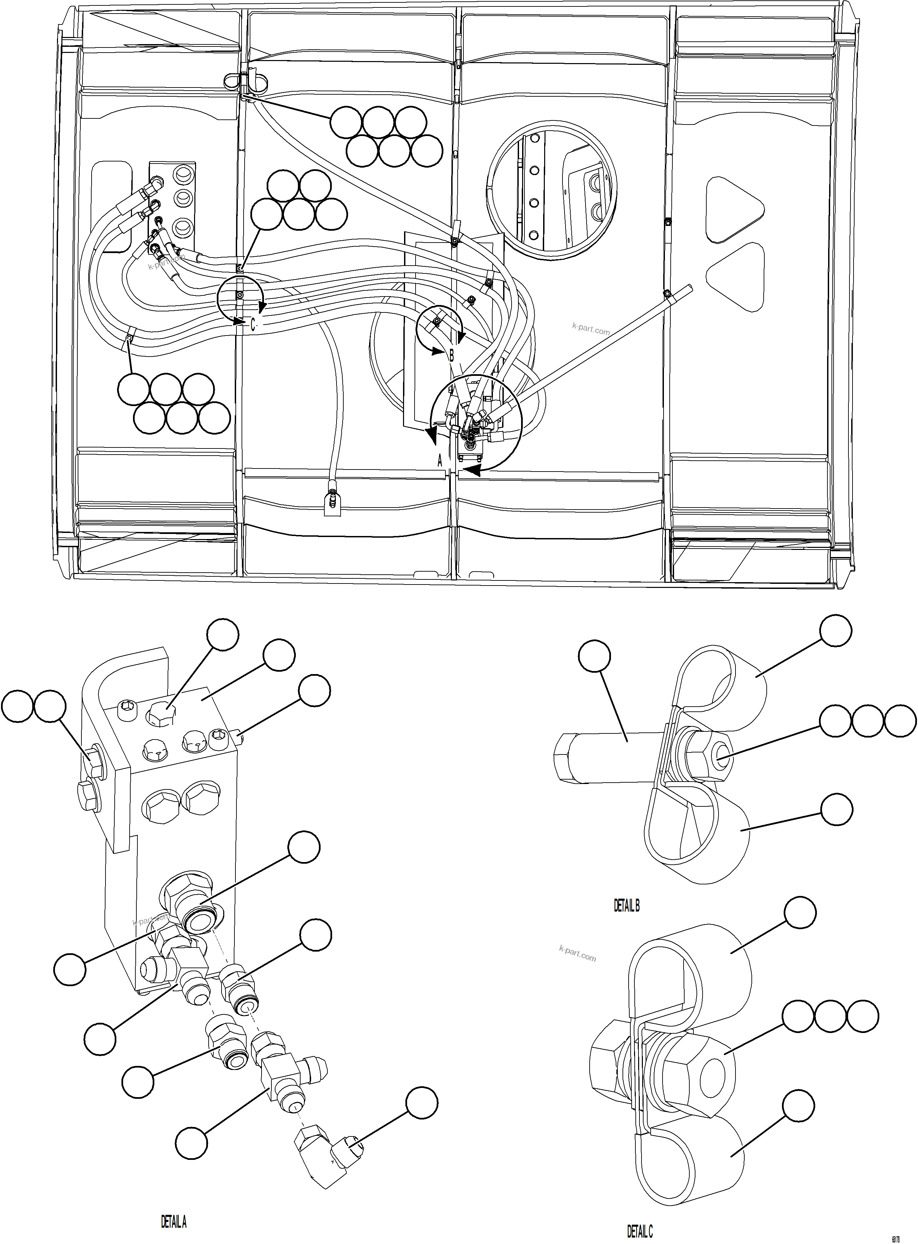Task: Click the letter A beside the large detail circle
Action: coord(440,461)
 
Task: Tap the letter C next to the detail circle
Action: coord(252,324)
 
